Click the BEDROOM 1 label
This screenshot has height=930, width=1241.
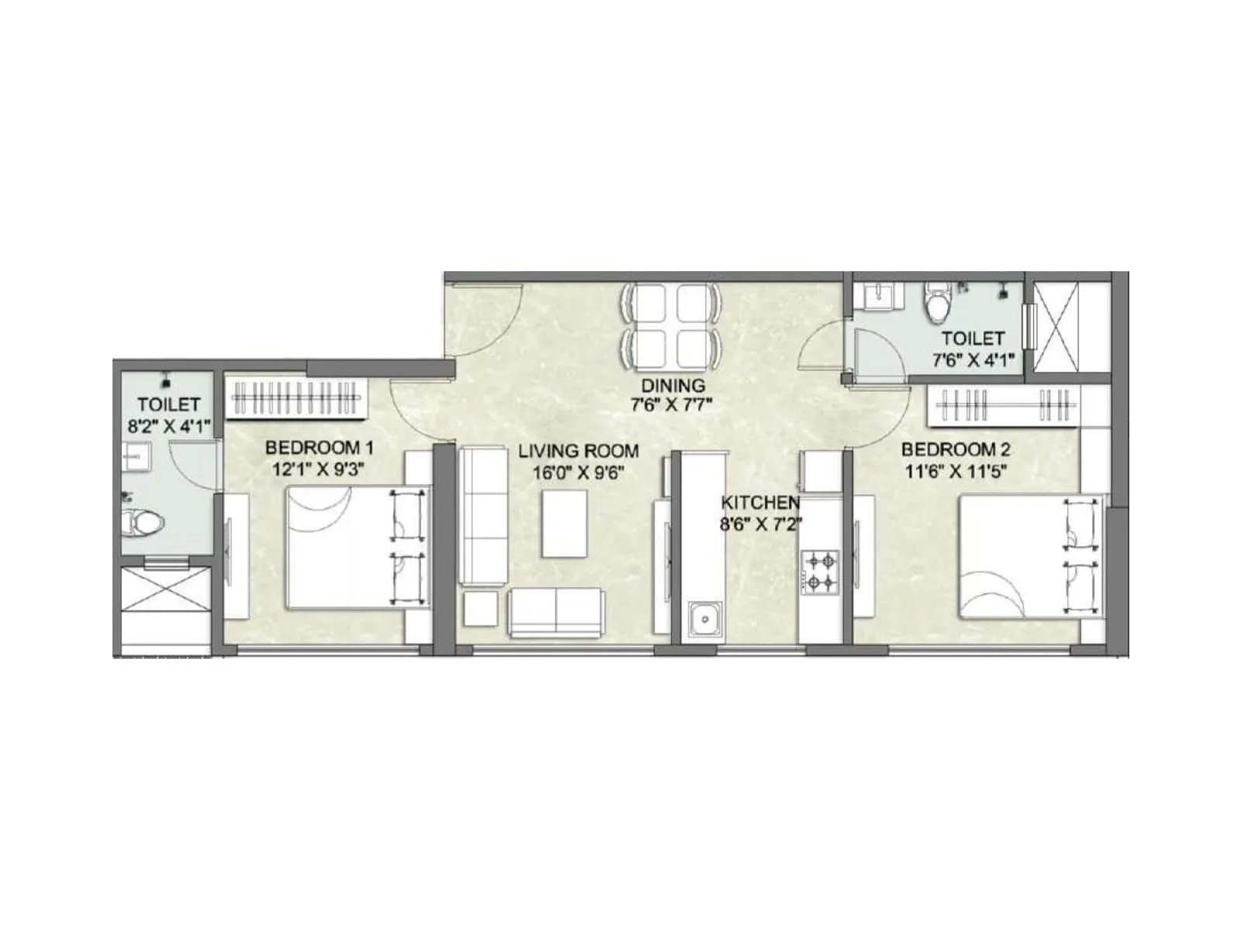(x=320, y=448)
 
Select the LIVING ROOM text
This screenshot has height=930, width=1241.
(x=579, y=450)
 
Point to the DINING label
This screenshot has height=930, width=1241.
(x=672, y=385)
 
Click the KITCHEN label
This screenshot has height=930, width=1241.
(x=760, y=501)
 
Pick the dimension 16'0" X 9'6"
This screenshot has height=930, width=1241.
(x=579, y=471)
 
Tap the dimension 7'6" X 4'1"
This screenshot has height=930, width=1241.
(x=973, y=360)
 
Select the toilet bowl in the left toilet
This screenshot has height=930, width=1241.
(x=142, y=523)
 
